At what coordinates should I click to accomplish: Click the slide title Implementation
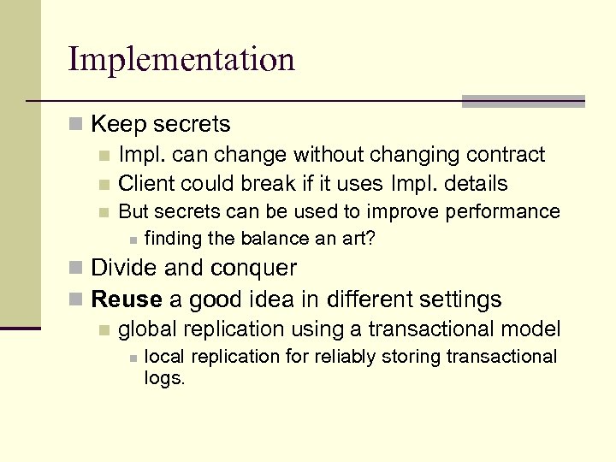181,59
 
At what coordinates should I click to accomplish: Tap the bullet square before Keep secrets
77,125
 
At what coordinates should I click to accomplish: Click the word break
265,183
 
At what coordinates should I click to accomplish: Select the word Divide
123,268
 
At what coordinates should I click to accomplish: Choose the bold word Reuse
127,299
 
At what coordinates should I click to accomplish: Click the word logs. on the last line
165,377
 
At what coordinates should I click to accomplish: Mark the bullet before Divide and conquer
77,269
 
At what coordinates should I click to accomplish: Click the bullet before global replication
104,329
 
